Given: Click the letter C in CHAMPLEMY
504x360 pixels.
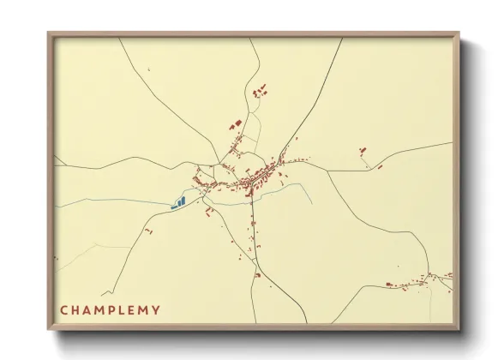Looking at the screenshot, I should click(x=64, y=310).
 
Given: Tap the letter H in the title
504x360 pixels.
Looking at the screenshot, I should click(x=76, y=310).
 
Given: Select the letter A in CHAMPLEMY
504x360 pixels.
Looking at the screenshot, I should click(x=88, y=310).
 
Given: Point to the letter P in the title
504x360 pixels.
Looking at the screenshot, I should click(x=115, y=310).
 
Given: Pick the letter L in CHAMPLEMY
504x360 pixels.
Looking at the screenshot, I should click(x=125, y=310).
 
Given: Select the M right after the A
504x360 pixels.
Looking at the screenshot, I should click(x=102, y=310).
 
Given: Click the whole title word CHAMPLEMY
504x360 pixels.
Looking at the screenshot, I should click(x=110, y=310).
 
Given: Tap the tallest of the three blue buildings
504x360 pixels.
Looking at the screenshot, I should click(x=183, y=201).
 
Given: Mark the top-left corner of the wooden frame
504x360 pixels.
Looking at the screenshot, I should click(x=48, y=33).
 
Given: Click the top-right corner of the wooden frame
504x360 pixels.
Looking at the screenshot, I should click(x=459, y=33).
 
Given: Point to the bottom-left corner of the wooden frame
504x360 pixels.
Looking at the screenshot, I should click(x=48, y=330).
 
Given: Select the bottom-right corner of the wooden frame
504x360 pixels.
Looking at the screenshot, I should click(x=459, y=330).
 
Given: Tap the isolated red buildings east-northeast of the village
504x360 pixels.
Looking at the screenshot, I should click(x=363, y=152).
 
